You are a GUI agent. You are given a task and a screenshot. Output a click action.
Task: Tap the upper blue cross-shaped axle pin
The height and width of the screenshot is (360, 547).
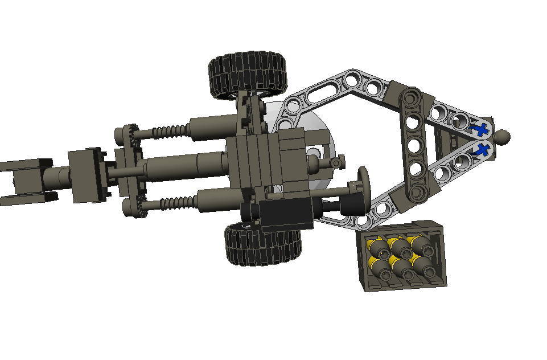click(x=482, y=129)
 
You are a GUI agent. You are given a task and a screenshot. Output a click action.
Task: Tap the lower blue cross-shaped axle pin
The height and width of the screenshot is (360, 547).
click(x=484, y=150)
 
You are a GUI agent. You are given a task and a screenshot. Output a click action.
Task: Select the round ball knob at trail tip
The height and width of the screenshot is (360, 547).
click(x=503, y=137)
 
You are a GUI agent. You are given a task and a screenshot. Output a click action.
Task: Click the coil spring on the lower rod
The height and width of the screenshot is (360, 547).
click(x=171, y=202)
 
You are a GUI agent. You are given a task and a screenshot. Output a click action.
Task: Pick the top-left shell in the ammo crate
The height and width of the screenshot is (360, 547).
click(x=377, y=247)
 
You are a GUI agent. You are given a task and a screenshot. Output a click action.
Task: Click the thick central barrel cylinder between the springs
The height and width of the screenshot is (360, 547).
click(x=182, y=167)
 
